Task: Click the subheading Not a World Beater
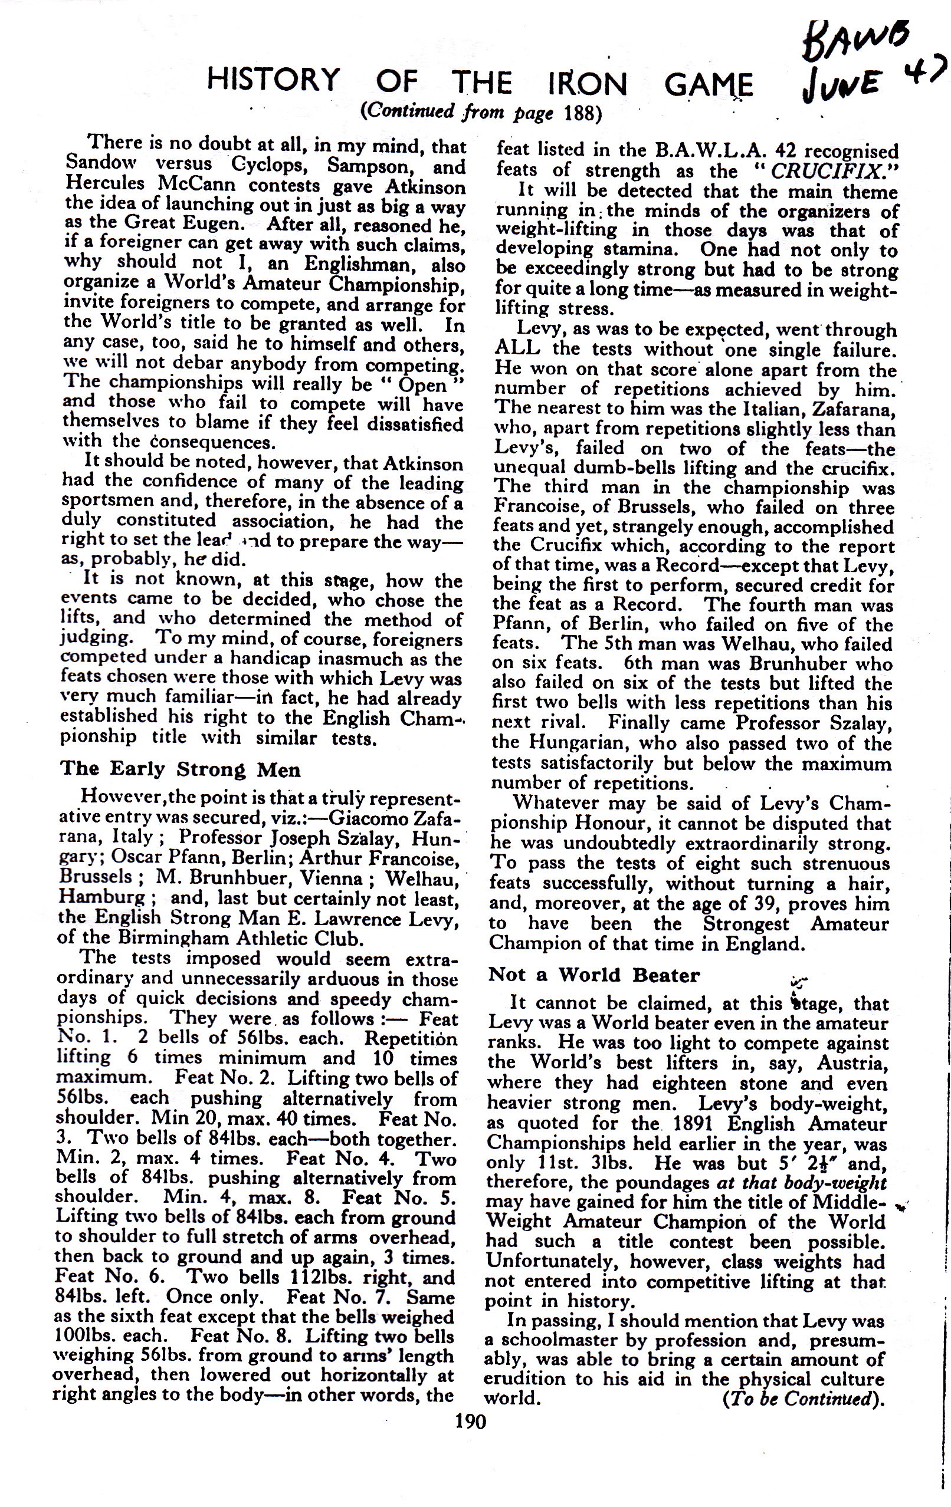coord(594,975)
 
